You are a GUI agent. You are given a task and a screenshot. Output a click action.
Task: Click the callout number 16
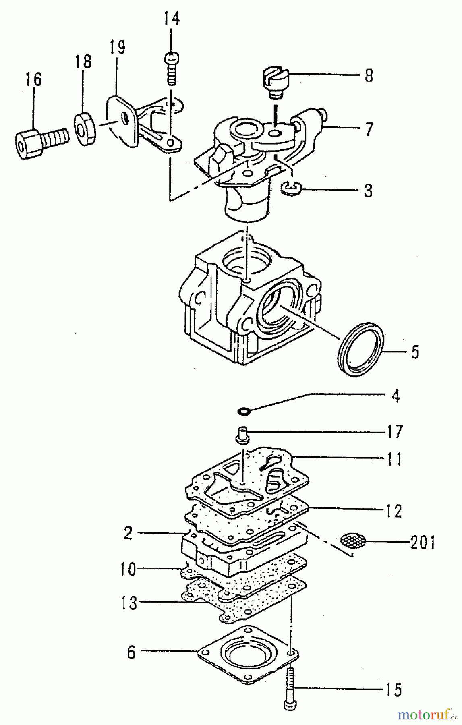(34, 79)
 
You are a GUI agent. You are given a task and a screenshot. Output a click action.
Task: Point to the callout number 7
(369, 129)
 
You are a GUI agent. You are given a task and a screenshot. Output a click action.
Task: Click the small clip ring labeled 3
(288, 187)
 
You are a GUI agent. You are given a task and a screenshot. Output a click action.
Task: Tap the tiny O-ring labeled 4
(244, 411)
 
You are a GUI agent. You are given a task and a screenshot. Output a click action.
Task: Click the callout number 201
(423, 543)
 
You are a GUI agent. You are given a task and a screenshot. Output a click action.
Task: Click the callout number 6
(131, 652)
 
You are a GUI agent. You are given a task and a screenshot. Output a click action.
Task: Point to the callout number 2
(128, 533)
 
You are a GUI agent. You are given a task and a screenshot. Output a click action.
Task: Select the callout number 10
(128, 570)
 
